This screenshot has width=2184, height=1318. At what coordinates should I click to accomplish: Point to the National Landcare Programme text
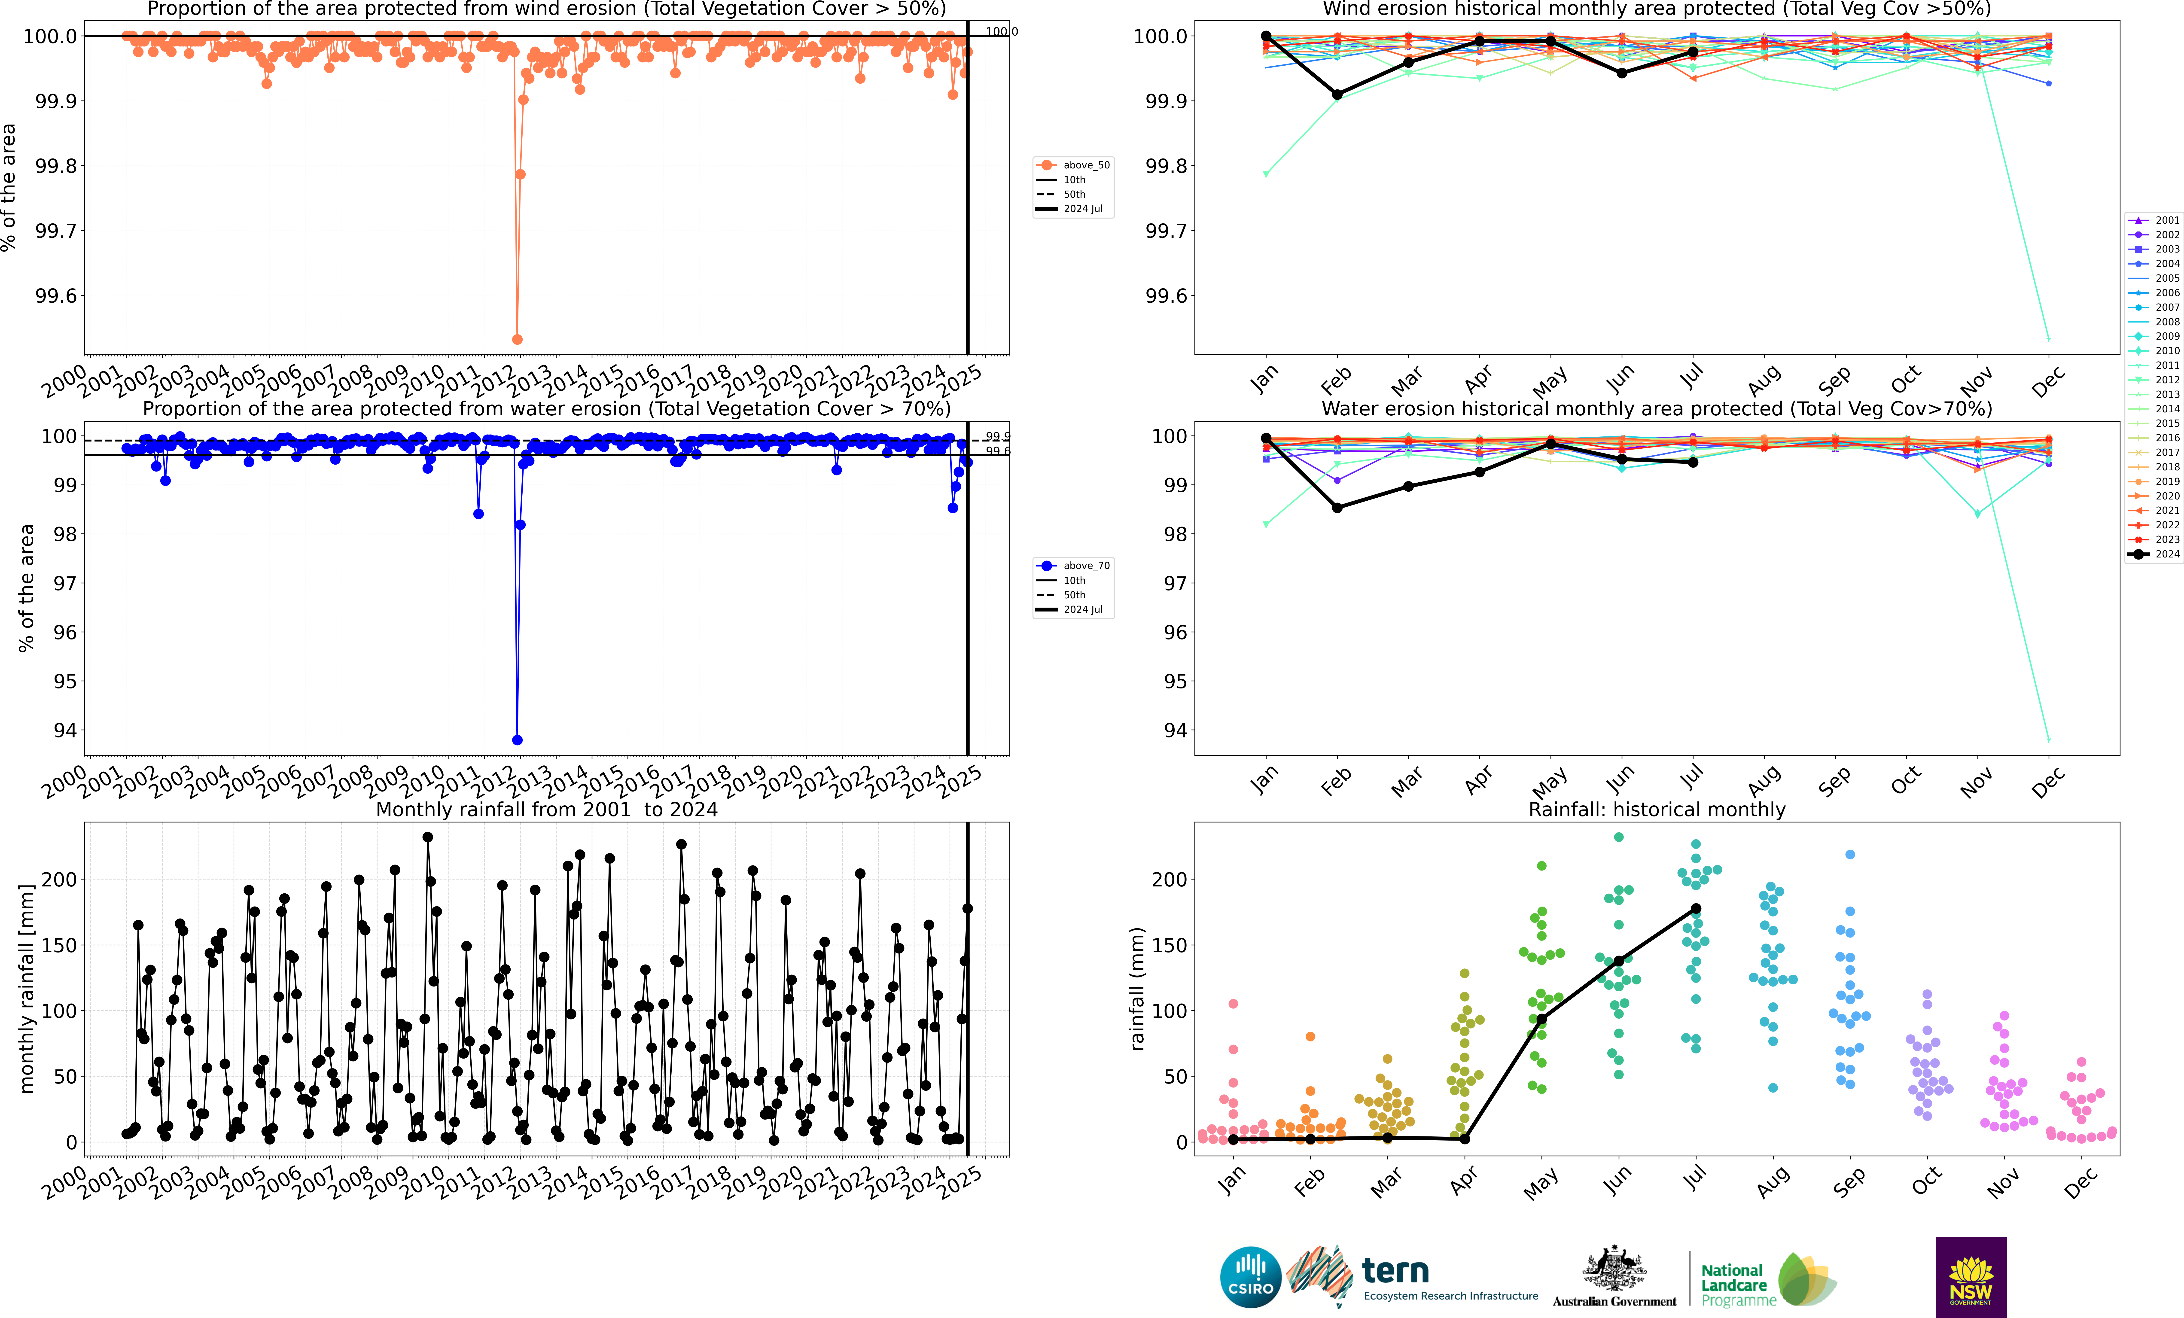pos(1737,1285)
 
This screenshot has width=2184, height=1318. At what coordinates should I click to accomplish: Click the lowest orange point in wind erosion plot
pos(518,339)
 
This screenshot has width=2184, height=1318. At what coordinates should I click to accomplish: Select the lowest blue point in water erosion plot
pos(518,740)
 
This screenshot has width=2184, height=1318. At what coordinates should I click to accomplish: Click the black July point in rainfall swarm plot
pos(1696,908)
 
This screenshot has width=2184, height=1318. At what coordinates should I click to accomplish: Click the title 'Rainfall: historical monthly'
pos(1657,809)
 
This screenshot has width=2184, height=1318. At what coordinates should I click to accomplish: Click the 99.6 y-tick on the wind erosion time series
pos(56,296)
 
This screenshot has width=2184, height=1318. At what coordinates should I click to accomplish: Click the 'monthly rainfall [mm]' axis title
pos(27,988)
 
